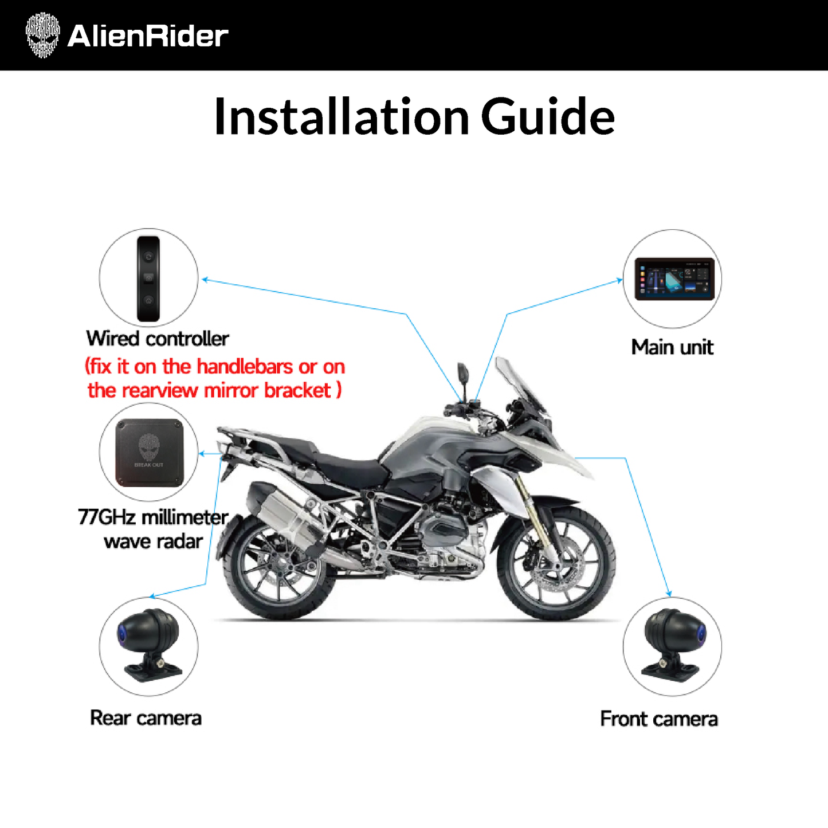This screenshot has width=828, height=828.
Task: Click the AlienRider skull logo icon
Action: tap(42, 35)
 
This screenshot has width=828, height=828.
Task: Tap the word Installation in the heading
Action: tap(342, 116)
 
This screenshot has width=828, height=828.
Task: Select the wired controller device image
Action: tap(148, 278)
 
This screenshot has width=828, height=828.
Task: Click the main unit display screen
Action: tap(674, 279)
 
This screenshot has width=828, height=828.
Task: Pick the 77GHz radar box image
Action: tap(149, 453)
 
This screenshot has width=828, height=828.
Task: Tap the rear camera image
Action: tap(149, 645)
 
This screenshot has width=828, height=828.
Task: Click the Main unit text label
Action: tap(672, 347)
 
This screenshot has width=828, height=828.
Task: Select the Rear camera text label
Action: tap(146, 717)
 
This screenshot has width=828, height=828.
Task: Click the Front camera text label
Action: tap(659, 719)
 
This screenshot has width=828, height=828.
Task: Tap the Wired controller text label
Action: tap(157, 339)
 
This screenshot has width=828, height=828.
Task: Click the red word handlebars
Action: tap(245, 367)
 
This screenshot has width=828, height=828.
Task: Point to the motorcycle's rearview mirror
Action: tap(463, 373)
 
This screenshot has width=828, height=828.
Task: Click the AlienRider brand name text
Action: tap(148, 36)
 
